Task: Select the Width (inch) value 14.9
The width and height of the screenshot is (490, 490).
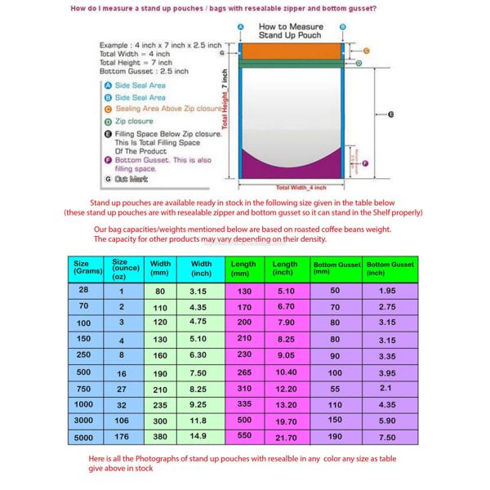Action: click(198, 436)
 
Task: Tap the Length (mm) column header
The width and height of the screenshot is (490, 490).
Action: click(243, 268)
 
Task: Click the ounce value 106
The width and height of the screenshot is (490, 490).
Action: click(122, 421)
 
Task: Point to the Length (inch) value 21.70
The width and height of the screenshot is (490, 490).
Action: click(286, 437)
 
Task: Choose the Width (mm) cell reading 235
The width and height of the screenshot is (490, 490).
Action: click(159, 404)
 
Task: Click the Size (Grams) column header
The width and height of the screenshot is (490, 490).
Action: click(82, 268)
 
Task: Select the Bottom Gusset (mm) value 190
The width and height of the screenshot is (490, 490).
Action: click(335, 436)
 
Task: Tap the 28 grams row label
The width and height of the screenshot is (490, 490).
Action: click(84, 290)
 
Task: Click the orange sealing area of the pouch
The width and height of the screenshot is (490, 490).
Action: click(292, 51)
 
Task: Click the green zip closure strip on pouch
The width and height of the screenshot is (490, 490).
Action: click(292, 63)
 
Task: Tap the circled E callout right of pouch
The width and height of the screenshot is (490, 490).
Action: click(391, 114)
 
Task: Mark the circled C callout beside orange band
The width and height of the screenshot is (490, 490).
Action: click(367, 51)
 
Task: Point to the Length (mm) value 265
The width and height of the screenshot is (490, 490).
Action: click(244, 372)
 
